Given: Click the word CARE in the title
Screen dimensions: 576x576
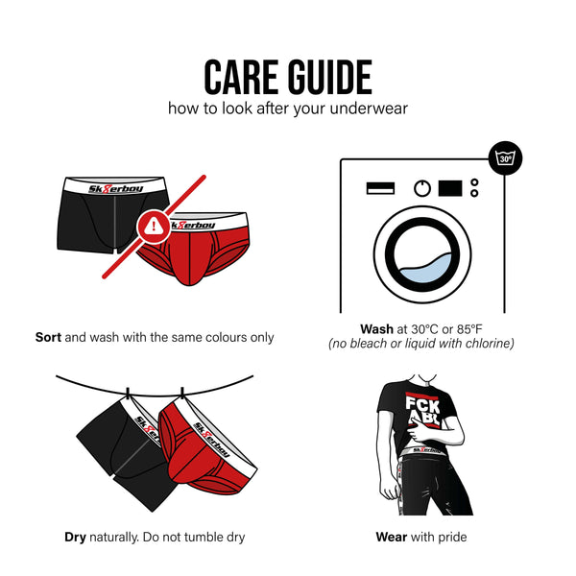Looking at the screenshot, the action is [241, 77].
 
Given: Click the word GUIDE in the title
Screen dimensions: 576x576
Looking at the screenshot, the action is [330, 77].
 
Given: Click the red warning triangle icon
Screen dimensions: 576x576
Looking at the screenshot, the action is [154, 227].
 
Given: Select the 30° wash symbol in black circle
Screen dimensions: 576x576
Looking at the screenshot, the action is [506, 158].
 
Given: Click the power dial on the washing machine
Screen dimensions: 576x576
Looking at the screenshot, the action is [422, 189].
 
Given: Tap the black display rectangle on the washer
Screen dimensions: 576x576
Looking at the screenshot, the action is [450, 188].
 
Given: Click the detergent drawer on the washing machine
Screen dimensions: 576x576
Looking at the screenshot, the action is [380, 188].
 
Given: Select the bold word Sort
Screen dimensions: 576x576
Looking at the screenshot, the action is [48, 337].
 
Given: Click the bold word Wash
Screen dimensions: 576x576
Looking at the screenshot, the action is [376, 329].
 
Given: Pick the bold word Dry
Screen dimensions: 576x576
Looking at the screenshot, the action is [75, 537].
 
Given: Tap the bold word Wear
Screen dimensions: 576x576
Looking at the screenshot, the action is [392, 537].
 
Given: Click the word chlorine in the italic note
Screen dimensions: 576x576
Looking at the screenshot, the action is [490, 344].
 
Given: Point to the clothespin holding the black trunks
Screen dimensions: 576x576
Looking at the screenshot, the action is [128, 395].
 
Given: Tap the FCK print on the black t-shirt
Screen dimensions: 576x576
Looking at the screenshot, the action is [422, 405].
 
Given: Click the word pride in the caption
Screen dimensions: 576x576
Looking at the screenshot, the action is [452, 537].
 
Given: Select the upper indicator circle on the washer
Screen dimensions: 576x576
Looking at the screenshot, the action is [474, 182].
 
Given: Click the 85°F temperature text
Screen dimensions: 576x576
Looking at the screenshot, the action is [469, 329].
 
